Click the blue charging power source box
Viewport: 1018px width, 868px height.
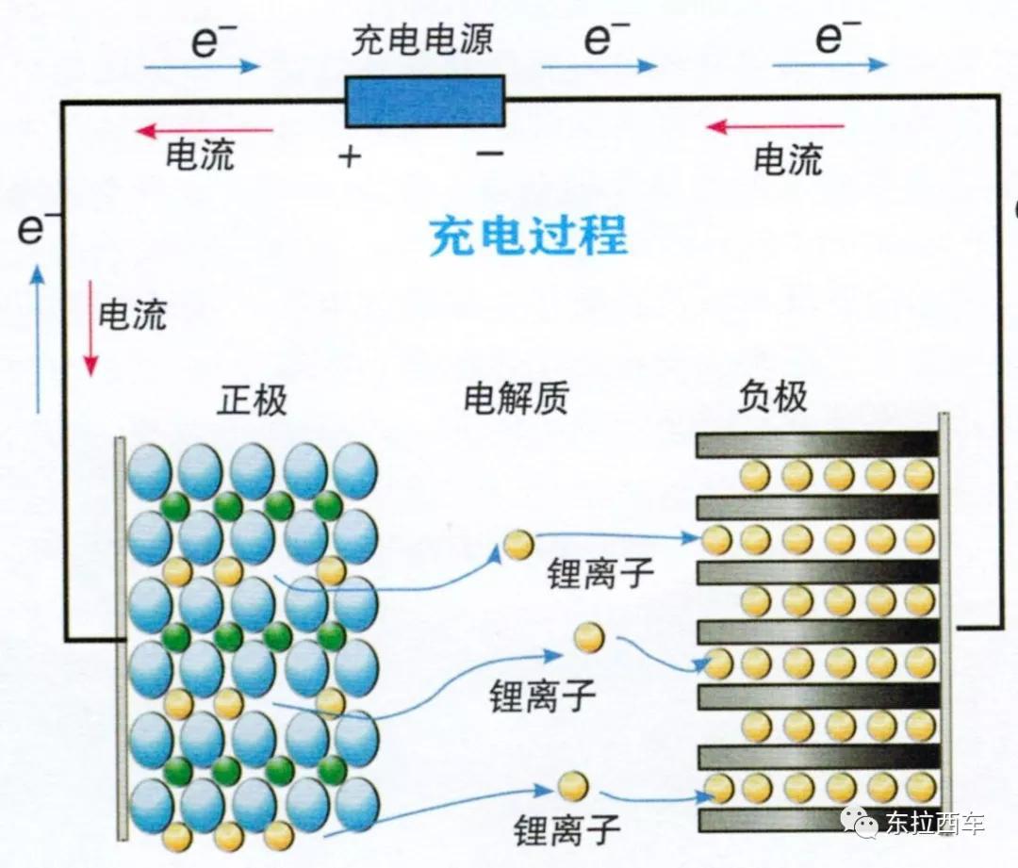pyautogui.click(x=425, y=101)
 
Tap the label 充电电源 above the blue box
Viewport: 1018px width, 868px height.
pyautogui.click(x=422, y=41)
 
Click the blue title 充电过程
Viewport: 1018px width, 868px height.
pyautogui.click(x=529, y=235)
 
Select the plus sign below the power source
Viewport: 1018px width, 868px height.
pyautogui.click(x=350, y=156)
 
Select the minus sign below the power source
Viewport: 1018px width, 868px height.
pyautogui.click(x=490, y=154)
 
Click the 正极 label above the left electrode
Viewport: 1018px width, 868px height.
pyautogui.click(x=252, y=400)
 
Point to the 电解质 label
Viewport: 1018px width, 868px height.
pyautogui.click(x=517, y=398)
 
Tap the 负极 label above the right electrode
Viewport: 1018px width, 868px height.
pyautogui.click(x=773, y=396)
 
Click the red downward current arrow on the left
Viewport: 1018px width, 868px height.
pyautogui.click(x=90, y=328)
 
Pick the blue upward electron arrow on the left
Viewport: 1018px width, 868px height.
pyautogui.click(x=39, y=339)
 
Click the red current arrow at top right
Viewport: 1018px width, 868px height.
pyautogui.click(x=775, y=126)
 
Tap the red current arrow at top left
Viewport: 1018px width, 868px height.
pyautogui.click(x=205, y=130)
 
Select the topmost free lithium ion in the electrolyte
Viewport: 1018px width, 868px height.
pyautogui.click(x=518, y=544)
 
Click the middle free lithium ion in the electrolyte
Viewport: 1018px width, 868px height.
pyautogui.click(x=589, y=637)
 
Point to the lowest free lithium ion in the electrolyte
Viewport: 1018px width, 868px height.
pyautogui.click(x=573, y=787)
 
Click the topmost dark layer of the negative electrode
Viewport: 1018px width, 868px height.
pyautogui.click(x=817, y=445)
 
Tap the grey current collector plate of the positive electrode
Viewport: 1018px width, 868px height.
pyautogui.click(x=121, y=638)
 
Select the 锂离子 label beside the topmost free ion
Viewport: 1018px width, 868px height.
pyautogui.click(x=600, y=573)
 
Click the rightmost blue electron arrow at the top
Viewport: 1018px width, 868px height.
pyautogui.click(x=829, y=64)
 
